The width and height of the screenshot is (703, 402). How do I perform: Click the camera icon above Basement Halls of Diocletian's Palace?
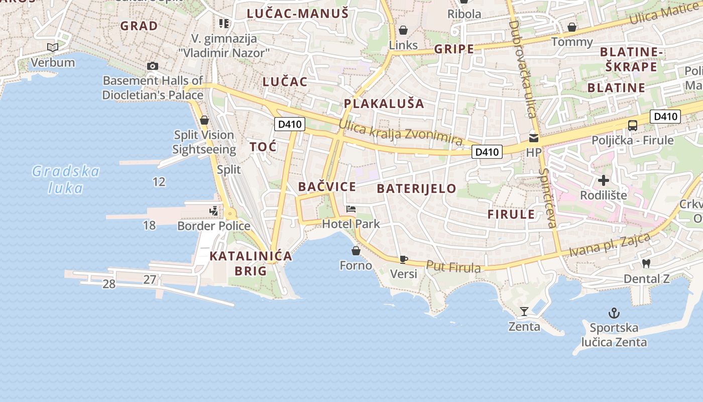(153, 66)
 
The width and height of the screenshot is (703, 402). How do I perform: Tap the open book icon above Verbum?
(53, 48)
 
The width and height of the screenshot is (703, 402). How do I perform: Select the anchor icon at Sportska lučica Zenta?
(614, 313)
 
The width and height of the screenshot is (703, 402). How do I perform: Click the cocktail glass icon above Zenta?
(524, 312)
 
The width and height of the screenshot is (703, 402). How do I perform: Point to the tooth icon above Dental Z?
(646, 263)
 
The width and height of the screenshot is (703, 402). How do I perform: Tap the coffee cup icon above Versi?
(403, 259)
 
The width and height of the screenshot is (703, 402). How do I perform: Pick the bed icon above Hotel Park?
(351, 209)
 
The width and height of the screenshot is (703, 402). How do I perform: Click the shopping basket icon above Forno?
(356, 250)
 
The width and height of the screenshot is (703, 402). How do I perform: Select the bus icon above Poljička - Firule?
(632, 125)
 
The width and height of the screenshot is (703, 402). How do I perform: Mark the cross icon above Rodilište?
(604, 180)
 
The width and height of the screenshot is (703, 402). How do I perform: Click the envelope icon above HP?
(533, 137)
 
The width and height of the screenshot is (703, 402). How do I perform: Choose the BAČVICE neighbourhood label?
(327, 187)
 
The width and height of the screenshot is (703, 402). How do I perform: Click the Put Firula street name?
(453, 267)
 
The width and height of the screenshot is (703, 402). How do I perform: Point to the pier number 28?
(109, 284)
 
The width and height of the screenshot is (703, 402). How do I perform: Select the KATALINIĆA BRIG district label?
(251, 263)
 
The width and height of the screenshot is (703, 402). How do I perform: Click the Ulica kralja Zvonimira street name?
(400, 133)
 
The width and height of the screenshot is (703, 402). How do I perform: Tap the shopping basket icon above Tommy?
(572, 27)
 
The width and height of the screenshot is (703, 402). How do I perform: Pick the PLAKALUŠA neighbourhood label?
(384, 104)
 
